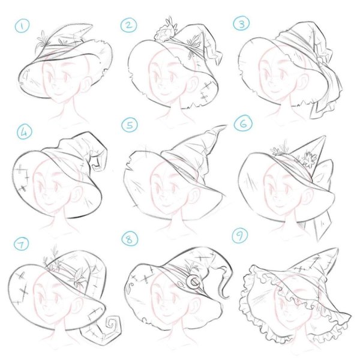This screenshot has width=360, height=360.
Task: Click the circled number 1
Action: [x=22, y=26]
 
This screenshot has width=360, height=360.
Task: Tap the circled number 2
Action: [x=128, y=25]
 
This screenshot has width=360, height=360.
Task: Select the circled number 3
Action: [x=242, y=24]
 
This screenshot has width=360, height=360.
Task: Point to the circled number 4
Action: [x=25, y=131]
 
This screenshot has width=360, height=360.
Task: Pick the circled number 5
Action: [x=130, y=125]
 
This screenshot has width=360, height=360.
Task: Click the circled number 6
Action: [x=243, y=124]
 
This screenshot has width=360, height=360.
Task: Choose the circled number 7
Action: [x=22, y=244]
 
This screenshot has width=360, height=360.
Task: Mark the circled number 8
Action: [x=130, y=239]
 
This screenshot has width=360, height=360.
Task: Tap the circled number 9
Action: [x=240, y=235]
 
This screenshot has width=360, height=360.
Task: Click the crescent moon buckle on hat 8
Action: [x=194, y=282]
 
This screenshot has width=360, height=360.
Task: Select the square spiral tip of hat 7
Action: [x=113, y=324]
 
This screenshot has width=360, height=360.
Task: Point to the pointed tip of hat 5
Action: [x=225, y=126]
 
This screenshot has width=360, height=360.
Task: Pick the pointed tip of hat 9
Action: [x=337, y=248]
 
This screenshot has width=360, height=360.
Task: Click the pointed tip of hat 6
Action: [x=325, y=137]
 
